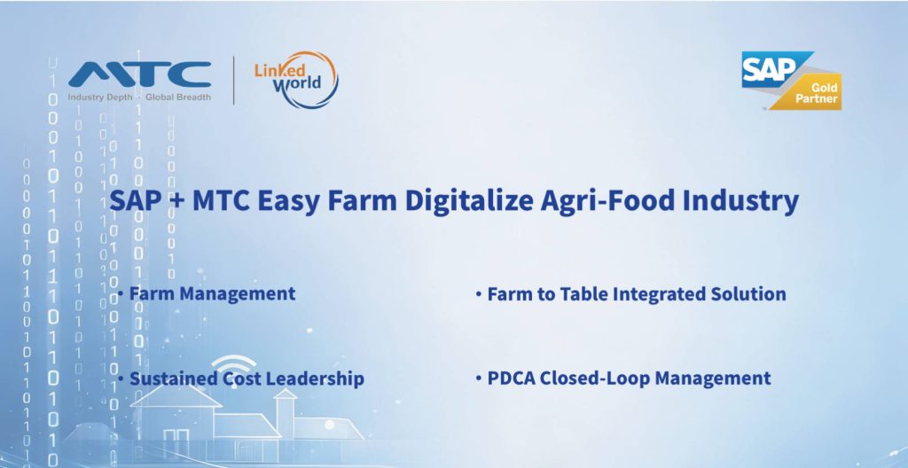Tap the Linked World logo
pos(296,80)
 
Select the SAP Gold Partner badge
pos(792,81)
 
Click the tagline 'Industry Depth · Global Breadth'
pos(139,97)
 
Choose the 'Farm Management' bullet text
pos(212,293)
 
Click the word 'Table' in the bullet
pos(583,293)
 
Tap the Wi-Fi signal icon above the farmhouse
pos(233,366)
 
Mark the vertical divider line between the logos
pos(233,80)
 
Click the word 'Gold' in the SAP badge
pos(825,89)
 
